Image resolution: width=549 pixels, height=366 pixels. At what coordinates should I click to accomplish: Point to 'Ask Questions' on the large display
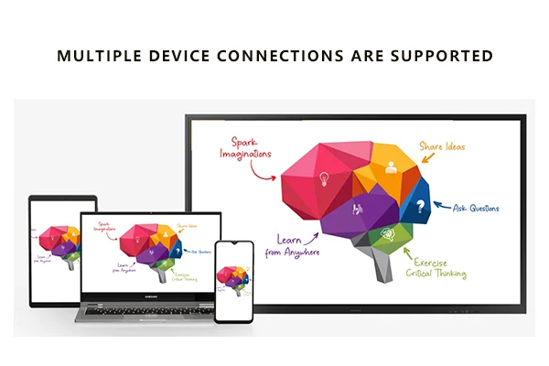coord(476,208)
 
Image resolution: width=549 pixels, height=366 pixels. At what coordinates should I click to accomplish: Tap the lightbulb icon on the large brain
coord(325,180)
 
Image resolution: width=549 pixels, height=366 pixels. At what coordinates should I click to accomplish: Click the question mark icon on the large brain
coord(420,207)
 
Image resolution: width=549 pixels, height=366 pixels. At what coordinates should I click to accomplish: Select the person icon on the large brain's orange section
coord(391,167)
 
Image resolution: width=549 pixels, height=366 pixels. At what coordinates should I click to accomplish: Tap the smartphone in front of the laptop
coord(232,282)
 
